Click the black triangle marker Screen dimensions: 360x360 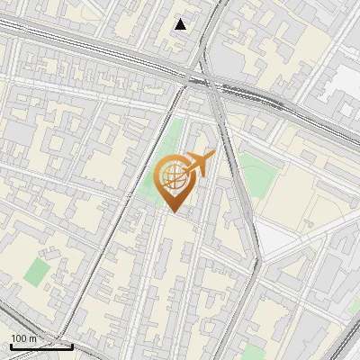181,24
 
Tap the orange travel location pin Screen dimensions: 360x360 175,180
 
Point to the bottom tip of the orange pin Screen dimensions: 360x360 175,211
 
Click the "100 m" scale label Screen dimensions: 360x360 24,338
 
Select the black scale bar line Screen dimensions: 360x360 41,346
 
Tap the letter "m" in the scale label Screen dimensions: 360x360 34,338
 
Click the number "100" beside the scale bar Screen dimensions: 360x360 19,338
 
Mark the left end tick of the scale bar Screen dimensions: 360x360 11,344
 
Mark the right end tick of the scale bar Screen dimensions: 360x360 72,344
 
